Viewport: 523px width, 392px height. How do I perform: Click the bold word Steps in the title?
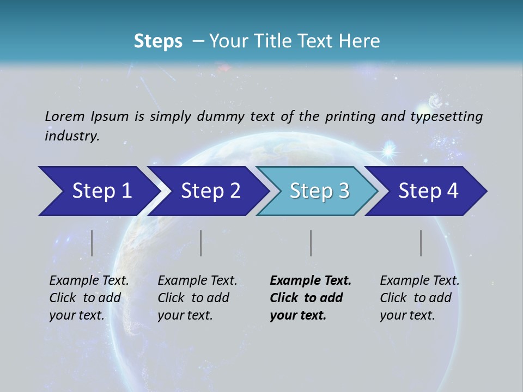(x=158, y=41)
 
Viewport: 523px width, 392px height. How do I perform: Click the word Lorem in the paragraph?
(x=65, y=116)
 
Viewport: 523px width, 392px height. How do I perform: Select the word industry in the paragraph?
(x=71, y=136)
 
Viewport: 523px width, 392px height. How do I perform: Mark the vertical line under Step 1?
(x=92, y=243)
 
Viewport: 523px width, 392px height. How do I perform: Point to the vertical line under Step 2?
(x=201, y=243)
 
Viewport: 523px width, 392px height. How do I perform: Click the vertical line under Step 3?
(x=311, y=243)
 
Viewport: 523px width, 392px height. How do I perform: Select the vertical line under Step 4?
(x=421, y=243)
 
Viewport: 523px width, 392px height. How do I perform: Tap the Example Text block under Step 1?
(x=88, y=298)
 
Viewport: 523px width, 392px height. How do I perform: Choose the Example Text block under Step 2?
(x=197, y=298)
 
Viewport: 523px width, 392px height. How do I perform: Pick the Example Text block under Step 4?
(x=419, y=298)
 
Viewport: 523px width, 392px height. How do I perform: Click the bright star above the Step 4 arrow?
(x=390, y=150)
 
